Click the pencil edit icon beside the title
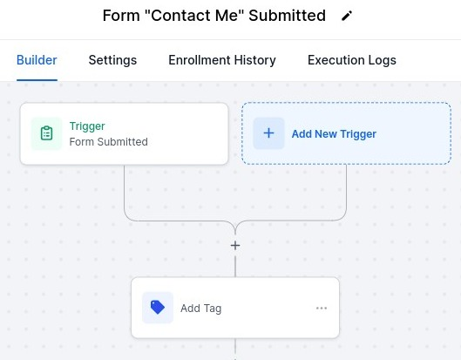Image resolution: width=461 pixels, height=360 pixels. coord(347,16)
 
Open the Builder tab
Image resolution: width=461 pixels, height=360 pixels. coord(37,60)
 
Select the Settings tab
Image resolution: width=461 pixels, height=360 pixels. coord(112,60)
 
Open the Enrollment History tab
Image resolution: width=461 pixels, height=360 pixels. coord(222,60)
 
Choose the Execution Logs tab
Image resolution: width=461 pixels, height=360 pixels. coord(352,60)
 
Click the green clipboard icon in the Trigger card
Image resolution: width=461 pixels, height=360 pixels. coord(46,133)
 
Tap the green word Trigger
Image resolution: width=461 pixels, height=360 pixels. coord(87,126)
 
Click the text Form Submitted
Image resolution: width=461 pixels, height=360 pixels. coord(108,142)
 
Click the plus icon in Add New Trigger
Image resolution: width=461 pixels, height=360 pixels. coord(268,133)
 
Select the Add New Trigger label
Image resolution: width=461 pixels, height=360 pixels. coord(334,134)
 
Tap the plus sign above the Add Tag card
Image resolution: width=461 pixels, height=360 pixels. coord(235,246)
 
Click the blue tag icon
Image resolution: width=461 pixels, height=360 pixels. coord(158,308)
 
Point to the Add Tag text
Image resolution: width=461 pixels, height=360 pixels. coord(201,309)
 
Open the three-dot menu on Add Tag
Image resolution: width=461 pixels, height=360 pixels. coord(322,308)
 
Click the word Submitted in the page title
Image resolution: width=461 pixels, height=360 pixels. coord(287,16)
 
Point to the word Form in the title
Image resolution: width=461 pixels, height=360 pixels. coord(121,16)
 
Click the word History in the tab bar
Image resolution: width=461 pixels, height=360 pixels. coord(255,60)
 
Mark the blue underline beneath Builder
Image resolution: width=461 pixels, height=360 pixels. coord(37,79)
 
